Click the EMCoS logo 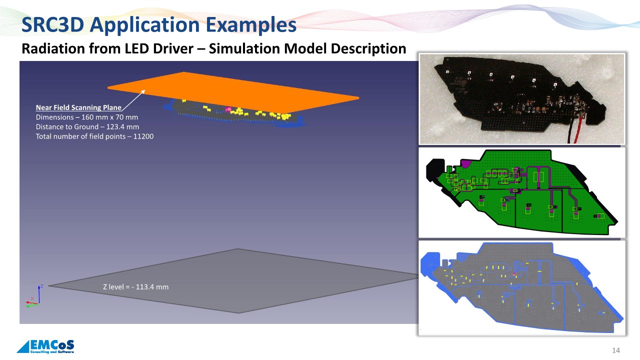tap(45, 346)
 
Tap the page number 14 tap(616, 350)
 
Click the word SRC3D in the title tap(52, 25)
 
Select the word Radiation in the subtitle tap(53, 48)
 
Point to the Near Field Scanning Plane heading tap(78, 107)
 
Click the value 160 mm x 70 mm tap(109, 117)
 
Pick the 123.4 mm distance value tap(122, 127)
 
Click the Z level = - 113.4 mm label tap(135, 287)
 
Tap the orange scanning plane tap(233, 92)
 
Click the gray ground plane tap(234, 281)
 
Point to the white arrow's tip tap(145, 89)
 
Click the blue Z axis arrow tap(39, 294)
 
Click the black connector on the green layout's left tap(434, 170)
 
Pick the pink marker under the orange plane tap(228, 109)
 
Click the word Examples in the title tap(251, 25)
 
